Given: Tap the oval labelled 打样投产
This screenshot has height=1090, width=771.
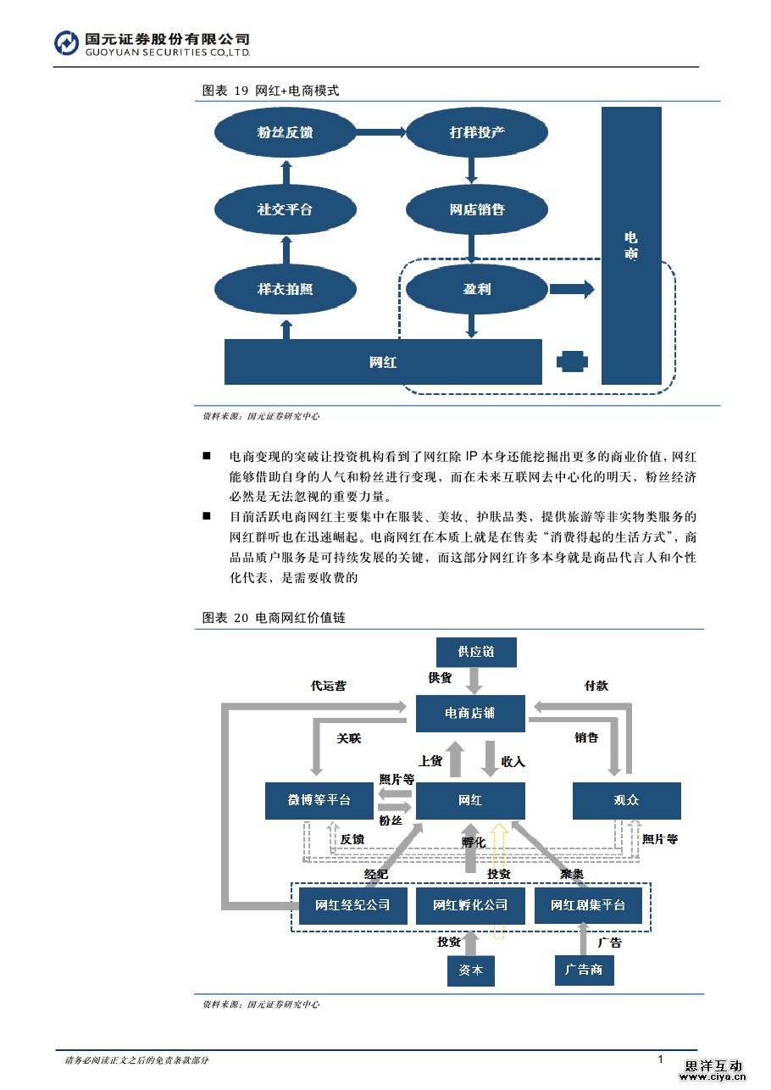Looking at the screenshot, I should [x=476, y=132].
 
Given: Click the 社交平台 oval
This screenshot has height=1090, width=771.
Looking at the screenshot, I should [x=285, y=209].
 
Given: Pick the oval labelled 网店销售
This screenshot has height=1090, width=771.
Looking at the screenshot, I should [x=476, y=209].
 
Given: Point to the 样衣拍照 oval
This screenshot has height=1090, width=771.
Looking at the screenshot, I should [x=285, y=289].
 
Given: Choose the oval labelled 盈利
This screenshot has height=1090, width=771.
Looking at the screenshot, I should [x=476, y=289].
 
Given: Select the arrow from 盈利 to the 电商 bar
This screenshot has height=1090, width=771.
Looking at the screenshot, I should [x=572, y=289].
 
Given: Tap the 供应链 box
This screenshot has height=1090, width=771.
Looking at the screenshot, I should [x=475, y=652].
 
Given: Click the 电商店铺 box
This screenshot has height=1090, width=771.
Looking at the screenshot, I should [x=470, y=714].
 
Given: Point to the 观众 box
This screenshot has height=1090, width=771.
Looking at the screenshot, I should [x=626, y=800].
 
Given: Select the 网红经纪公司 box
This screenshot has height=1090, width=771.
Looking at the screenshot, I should [x=352, y=906].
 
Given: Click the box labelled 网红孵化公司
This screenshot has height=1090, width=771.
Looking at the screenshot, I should [x=470, y=906].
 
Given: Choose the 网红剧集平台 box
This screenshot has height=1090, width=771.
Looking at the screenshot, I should [x=589, y=906].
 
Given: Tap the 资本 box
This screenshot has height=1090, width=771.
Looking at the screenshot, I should [x=470, y=970].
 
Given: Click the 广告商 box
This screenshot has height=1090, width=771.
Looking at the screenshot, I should [x=585, y=970].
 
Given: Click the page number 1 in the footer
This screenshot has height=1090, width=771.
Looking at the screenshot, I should [x=660, y=1059].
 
